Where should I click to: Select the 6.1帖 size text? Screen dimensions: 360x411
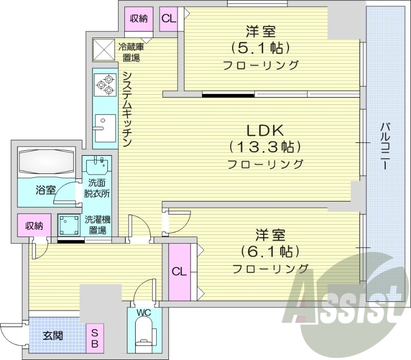tap(270, 251)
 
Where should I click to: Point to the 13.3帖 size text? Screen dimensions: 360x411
tap(265, 147)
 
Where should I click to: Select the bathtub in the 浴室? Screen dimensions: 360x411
tap(46, 161)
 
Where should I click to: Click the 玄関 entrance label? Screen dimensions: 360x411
tap(53, 336)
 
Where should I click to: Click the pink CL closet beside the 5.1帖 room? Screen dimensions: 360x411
tap(169, 19)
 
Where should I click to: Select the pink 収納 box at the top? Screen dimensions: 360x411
tap(138, 19)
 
